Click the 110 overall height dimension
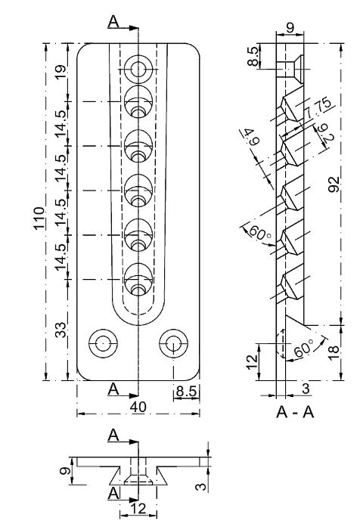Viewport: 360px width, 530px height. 39,218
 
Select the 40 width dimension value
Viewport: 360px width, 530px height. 138,407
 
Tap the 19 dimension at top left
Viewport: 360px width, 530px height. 61,72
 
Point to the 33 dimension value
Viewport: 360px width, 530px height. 61,330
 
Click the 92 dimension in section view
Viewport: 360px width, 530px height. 334,184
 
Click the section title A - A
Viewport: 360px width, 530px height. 295,412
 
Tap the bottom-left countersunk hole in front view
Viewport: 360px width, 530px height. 103,344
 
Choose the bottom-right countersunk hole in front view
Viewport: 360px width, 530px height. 174,344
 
